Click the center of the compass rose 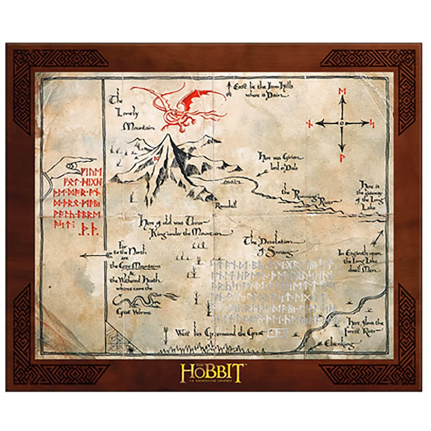342,124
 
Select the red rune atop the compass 342,91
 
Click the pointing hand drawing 69,166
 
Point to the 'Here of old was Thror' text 181,227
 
